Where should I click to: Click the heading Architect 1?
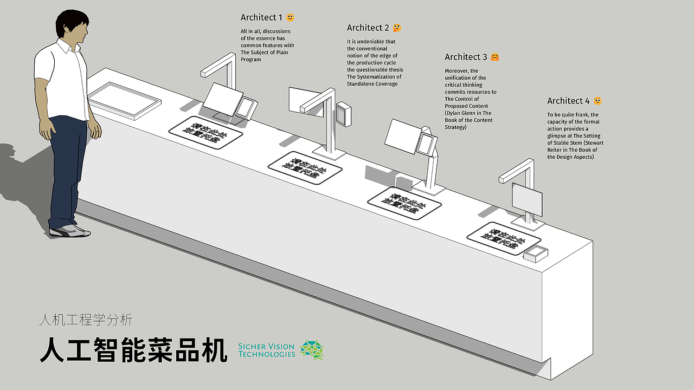click(262, 18)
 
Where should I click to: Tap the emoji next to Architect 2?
click(397, 28)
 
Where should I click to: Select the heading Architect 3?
click(466, 57)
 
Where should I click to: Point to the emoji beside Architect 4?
click(597, 101)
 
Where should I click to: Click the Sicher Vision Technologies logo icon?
click(312, 350)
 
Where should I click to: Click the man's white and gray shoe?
click(69, 231)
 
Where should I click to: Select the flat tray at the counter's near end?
click(125, 99)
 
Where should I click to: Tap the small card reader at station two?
click(344, 113)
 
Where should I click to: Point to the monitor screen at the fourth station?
click(527, 199)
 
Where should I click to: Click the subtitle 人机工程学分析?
click(86, 320)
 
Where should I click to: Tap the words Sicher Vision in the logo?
click(267, 346)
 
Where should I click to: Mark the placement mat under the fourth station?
click(504, 238)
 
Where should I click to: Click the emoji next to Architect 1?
click(290, 18)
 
